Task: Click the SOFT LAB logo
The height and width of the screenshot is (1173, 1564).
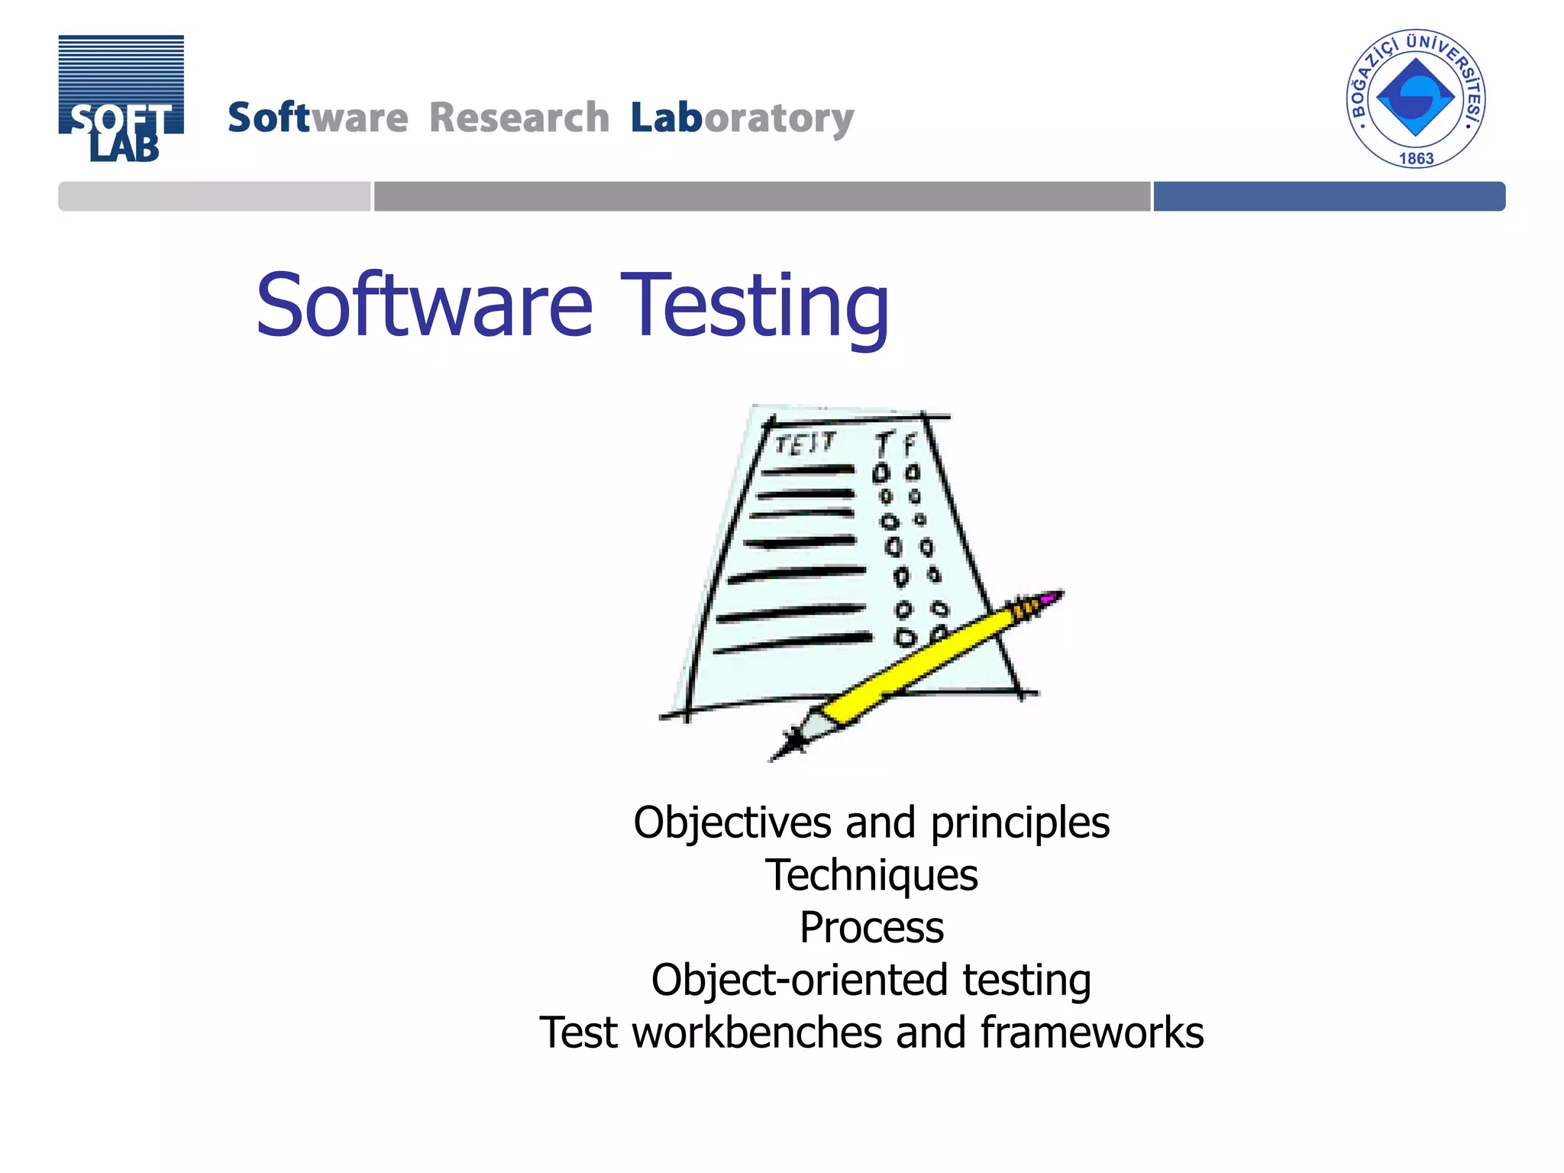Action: click(x=121, y=99)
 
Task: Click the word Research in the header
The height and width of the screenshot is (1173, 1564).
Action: click(x=519, y=118)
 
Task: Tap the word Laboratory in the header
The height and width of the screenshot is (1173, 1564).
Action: click(x=742, y=118)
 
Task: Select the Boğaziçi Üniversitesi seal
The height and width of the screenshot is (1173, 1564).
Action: click(x=1415, y=99)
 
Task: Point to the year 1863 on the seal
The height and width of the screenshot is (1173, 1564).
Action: click(x=1415, y=159)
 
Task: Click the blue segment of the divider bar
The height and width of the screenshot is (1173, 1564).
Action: click(x=1329, y=196)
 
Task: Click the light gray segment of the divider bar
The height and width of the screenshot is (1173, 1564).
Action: click(x=214, y=196)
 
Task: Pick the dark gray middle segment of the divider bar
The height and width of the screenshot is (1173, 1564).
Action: click(x=761, y=196)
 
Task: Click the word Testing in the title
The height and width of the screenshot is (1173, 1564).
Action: click(x=755, y=305)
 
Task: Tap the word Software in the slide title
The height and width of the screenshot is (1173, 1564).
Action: click(x=424, y=305)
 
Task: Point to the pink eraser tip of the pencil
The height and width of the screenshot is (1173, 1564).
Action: click(x=1052, y=596)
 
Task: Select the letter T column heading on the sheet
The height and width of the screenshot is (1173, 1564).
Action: click(x=884, y=443)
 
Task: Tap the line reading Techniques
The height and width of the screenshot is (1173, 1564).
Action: click(x=871, y=875)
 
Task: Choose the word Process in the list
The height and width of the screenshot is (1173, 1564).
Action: click(x=871, y=928)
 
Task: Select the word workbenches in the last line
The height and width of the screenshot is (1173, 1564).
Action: click(x=758, y=1032)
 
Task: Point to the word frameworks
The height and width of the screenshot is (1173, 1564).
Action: click(x=1091, y=1032)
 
